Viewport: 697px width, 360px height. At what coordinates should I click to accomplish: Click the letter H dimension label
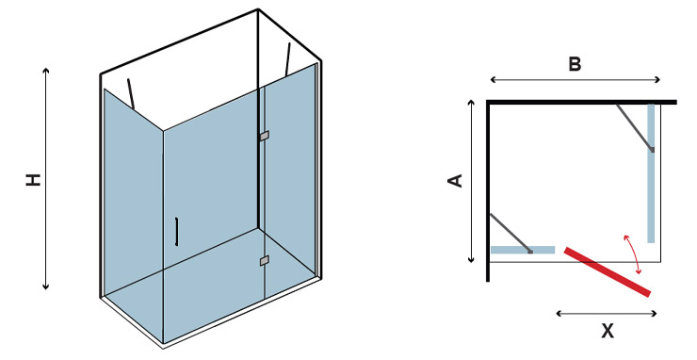33,179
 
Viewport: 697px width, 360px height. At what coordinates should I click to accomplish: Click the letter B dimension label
575,64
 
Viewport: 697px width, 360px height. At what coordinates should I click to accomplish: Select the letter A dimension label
455,181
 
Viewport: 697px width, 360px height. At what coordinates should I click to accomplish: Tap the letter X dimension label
608,331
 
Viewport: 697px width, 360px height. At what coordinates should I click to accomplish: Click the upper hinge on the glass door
264,136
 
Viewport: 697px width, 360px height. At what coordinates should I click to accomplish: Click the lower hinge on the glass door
264,260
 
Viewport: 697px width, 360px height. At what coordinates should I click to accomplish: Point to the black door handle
176,232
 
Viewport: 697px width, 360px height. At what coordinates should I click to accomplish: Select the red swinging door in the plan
608,271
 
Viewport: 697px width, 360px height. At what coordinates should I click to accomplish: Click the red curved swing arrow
632,254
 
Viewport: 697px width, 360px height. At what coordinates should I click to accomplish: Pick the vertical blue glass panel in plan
651,173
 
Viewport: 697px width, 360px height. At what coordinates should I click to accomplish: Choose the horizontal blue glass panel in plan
523,250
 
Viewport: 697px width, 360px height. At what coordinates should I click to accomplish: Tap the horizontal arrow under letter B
575,80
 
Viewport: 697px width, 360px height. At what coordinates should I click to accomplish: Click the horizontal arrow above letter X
607,314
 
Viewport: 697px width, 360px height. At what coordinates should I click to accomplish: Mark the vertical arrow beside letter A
472,182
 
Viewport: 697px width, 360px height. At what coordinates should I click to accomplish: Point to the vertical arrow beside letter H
45,179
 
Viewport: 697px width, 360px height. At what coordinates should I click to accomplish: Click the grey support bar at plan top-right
635,128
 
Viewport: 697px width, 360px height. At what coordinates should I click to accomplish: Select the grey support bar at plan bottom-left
511,234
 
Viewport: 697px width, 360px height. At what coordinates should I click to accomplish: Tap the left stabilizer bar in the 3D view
131,94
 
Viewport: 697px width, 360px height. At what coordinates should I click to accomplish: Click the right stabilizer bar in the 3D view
287,58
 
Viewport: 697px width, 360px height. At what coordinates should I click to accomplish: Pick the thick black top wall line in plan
581,103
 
